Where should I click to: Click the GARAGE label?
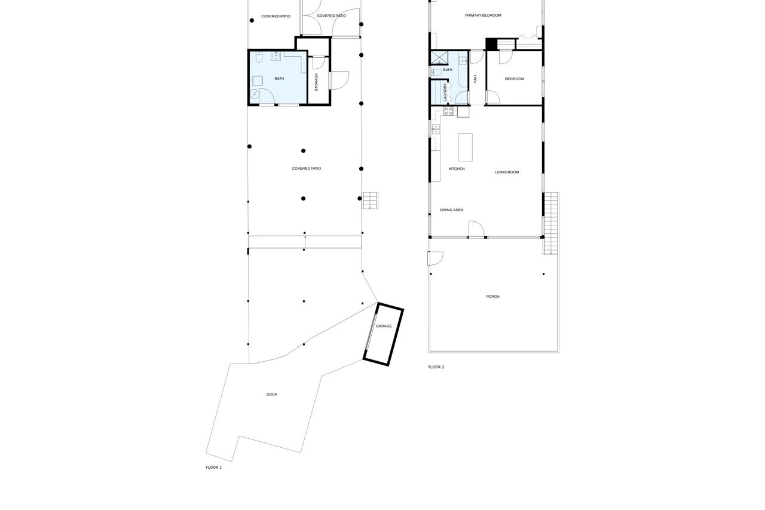(x=384, y=326)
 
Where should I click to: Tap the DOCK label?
(x=272, y=395)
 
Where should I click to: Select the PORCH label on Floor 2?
(x=492, y=297)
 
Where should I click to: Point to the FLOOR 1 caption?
(x=213, y=468)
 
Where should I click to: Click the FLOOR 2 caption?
(x=436, y=367)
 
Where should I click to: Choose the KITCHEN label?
(x=457, y=169)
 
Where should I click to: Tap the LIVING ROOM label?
(x=507, y=172)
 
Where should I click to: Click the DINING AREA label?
(x=451, y=210)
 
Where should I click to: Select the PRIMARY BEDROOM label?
(x=483, y=16)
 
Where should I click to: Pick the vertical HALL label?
(x=476, y=78)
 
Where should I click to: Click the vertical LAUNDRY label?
(x=445, y=91)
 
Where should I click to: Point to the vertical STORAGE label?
(x=317, y=82)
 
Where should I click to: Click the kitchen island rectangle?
(x=466, y=147)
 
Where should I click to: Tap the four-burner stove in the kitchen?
(x=449, y=111)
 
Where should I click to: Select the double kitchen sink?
(x=436, y=129)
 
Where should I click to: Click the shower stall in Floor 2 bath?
(x=439, y=58)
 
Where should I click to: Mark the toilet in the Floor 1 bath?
(x=259, y=57)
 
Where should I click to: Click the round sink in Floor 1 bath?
(x=276, y=56)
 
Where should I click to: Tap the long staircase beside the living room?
(x=550, y=223)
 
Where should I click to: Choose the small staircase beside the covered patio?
(x=370, y=200)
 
